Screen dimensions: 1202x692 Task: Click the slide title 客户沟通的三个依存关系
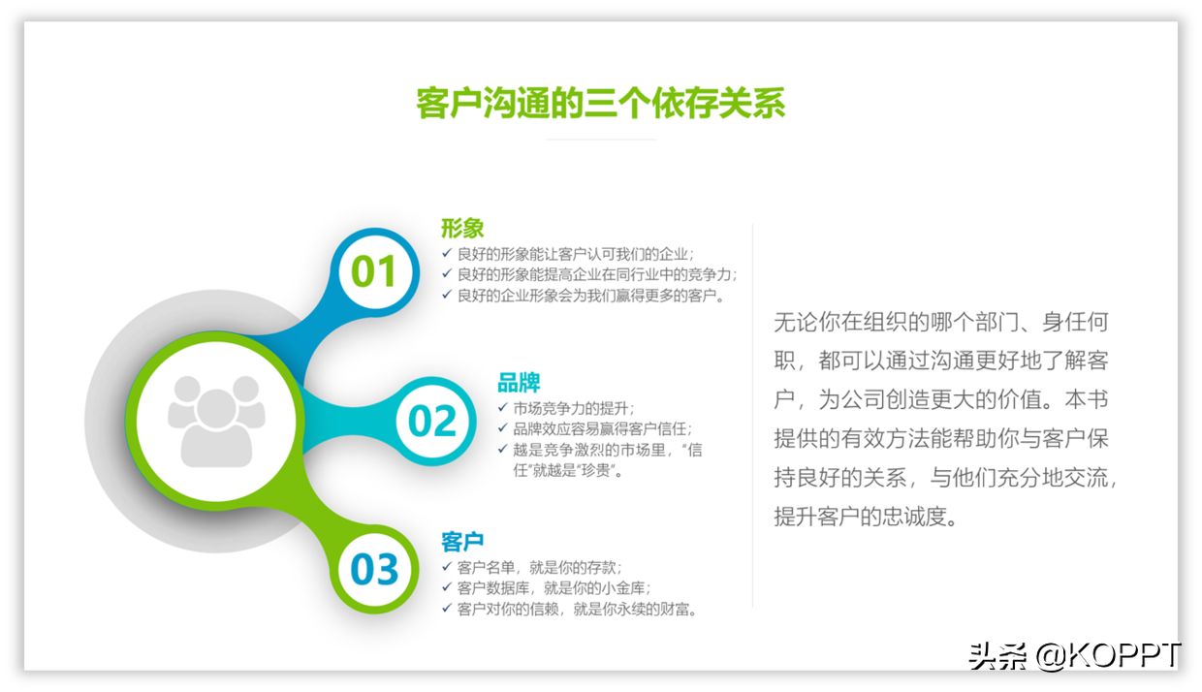pos(601,103)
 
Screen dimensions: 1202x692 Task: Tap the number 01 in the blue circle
pos(374,271)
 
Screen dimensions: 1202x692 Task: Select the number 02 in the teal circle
pos(432,421)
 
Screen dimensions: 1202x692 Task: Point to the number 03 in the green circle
pos(374,569)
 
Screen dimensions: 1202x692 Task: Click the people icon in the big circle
pos(216,421)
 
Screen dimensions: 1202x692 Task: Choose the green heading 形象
pos(462,228)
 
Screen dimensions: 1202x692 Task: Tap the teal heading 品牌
pos(519,383)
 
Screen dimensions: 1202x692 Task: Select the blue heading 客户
pos(462,541)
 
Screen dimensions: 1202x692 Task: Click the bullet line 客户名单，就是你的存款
pos(539,567)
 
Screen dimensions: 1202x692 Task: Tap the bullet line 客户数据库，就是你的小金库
pos(554,588)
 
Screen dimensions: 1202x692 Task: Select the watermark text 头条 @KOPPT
pos(1075,655)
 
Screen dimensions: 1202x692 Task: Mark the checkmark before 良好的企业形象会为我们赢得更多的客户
pos(447,294)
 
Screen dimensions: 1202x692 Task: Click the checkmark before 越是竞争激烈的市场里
pos(503,449)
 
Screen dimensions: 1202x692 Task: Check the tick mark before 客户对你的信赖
pos(447,608)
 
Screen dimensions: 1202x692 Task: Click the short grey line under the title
pos(601,140)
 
